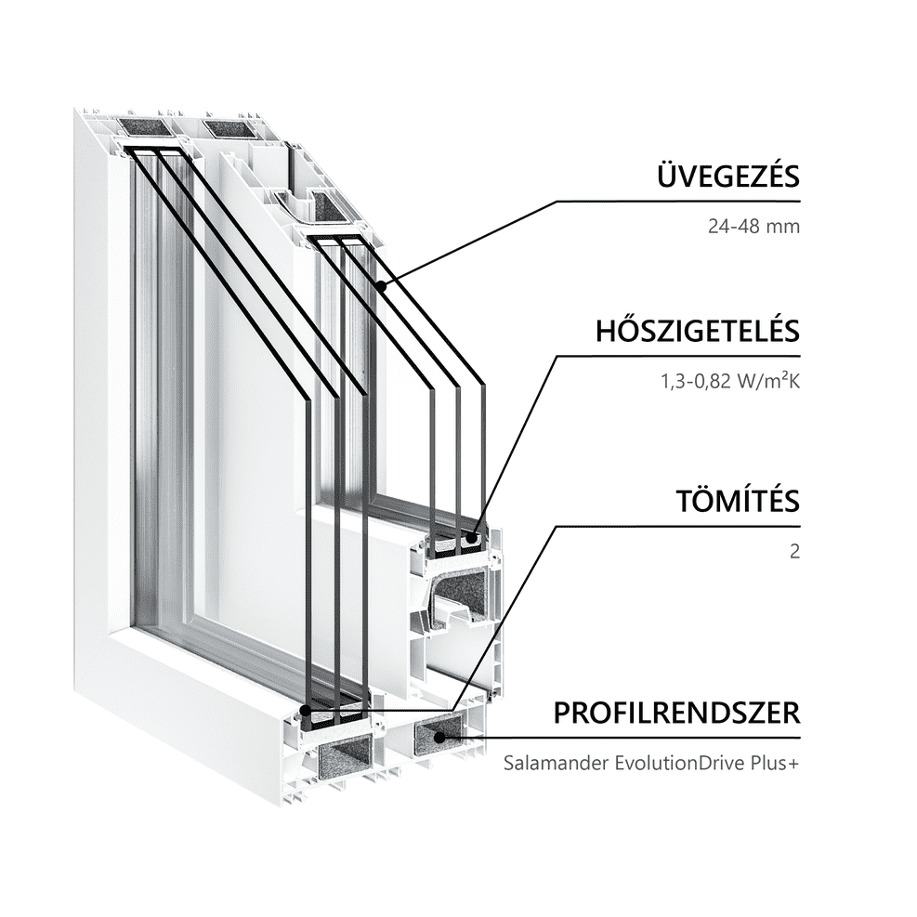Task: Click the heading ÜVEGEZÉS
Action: [728, 176]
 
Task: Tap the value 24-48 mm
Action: [753, 227]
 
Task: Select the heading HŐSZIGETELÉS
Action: [698, 331]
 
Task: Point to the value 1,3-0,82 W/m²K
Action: [730, 381]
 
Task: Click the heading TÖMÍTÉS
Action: [738, 501]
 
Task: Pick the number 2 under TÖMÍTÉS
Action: [794, 552]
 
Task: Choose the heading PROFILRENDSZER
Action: [676, 713]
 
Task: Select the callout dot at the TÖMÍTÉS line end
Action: [305, 711]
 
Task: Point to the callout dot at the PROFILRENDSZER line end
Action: [439, 738]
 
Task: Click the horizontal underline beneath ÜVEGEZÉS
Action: [678, 202]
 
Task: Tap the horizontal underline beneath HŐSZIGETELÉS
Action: [678, 356]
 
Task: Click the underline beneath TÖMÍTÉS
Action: [678, 527]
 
